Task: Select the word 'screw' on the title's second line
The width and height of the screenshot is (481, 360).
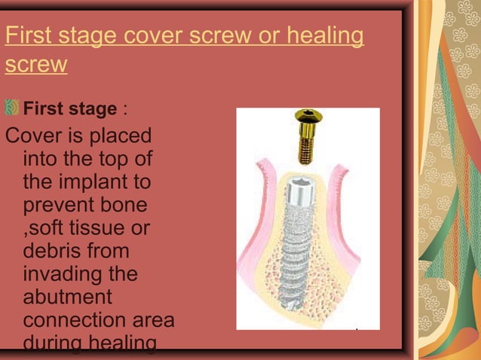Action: click(36, 65)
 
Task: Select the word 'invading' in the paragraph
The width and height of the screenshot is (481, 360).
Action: click(69, 273)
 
